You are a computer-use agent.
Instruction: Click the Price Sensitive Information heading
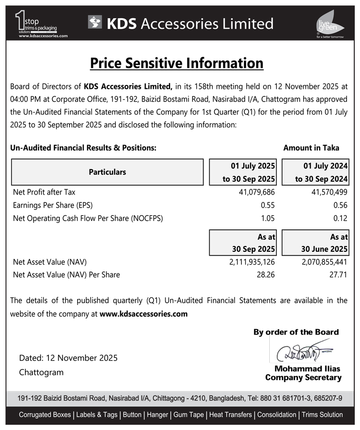[x=177, y=63]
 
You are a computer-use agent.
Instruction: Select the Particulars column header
[x=108, y=172]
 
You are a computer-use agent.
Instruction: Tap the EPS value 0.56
[x=340, y=205]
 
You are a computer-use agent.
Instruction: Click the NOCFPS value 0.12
[x=340, y=218]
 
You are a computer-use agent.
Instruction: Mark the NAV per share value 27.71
[x=338, y=275]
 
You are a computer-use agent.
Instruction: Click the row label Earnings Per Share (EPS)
[x=53, y=205]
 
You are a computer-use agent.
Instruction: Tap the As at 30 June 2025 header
[x=315, y=243]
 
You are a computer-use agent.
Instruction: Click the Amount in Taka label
[x=311, y=147]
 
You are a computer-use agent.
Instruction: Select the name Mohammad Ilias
[x=307, y=369]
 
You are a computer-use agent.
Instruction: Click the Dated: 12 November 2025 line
[x=68, y=358]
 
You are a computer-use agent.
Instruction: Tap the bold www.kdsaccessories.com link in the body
[x=144, y=314]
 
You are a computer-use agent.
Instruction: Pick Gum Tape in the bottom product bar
[x=189, y=415]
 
